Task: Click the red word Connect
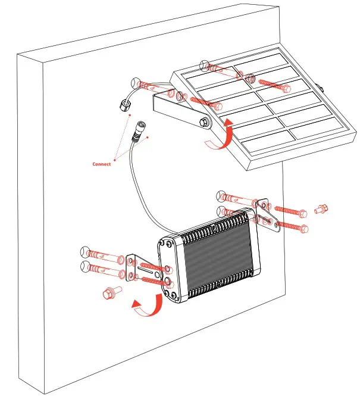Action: click(101, 164)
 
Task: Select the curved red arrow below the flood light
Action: click(146, 307)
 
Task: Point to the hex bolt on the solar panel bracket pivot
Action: click(205, 122)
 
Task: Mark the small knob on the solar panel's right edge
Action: click(322, 88)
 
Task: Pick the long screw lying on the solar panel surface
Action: click(274, 85)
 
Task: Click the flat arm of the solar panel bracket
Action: click(179, 111)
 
